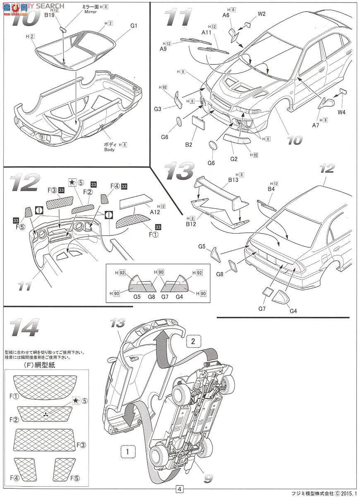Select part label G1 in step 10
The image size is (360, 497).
[134, 25]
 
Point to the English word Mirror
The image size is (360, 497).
[90, 12]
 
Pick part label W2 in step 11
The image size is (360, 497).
[262, 14]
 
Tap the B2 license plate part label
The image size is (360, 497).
[189, 145]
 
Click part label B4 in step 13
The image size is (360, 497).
[271, 189]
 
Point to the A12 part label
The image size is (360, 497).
[155, 212]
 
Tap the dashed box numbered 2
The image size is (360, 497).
[193, 341]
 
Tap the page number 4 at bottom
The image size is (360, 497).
[179, 489]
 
